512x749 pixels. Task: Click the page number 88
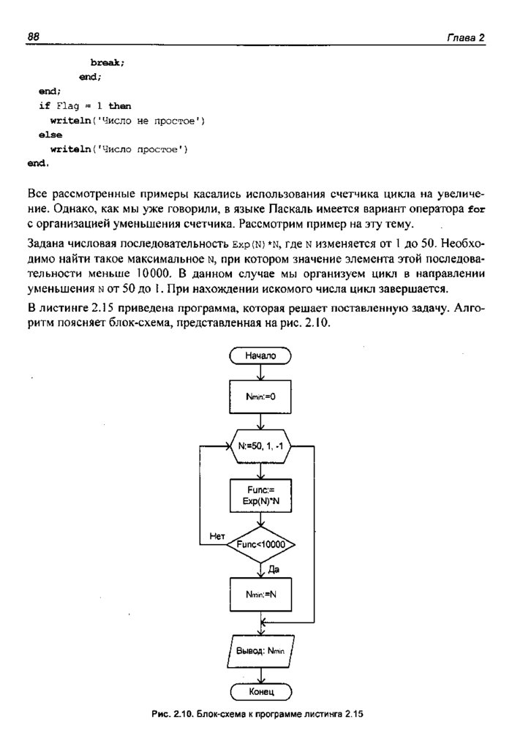tap(33, 36)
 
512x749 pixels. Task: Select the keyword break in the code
tap(107, 63)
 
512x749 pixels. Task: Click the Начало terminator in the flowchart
tap(260, 355)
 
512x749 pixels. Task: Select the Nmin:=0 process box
tap(260, 397)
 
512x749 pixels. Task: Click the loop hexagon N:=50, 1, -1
tap(260, 445)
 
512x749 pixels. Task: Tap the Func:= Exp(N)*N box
tap(260, 496)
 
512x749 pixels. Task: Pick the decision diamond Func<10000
tap(260, 545)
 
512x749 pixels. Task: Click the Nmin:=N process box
tap(260, 594)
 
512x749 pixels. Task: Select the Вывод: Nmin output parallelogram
tap(260, 650)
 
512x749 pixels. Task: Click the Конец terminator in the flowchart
tap(260, 691)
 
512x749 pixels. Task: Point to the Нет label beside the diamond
tap(217, 535)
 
